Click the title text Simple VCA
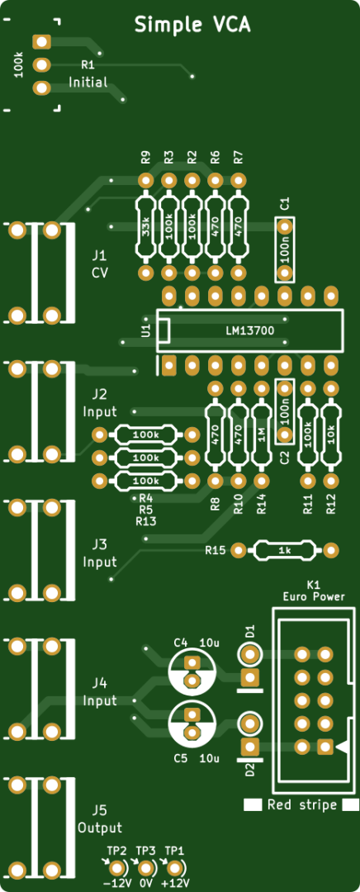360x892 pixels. [192, 25]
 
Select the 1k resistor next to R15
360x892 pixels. [285, 550]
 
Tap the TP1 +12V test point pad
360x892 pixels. [174, 869]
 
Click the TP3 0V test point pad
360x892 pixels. [145, 869]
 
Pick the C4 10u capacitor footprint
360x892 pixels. [192, 671]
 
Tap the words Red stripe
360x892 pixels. [301, 804]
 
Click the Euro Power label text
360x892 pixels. [314, 596]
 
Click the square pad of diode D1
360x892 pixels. [249, 677]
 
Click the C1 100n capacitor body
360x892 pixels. [284, 249]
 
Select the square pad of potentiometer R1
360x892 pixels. [41, 41]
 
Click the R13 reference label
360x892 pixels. [145, 520]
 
